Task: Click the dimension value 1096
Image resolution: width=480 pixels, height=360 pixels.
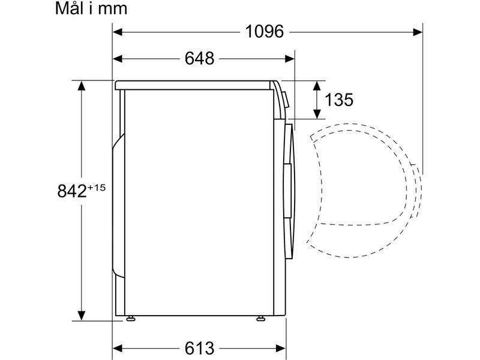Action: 265,32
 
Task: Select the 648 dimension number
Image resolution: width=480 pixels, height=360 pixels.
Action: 199,58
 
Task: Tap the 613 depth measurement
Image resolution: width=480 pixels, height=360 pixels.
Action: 199,348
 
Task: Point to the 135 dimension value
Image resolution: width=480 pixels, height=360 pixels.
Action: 338,100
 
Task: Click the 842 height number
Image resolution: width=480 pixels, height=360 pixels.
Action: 72,191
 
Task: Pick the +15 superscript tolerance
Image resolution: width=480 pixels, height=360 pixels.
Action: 97,187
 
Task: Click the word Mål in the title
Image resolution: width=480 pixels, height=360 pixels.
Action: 69,8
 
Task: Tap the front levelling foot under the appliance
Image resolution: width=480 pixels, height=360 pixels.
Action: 260,319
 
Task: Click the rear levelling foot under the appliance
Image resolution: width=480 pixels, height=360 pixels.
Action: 130,319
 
